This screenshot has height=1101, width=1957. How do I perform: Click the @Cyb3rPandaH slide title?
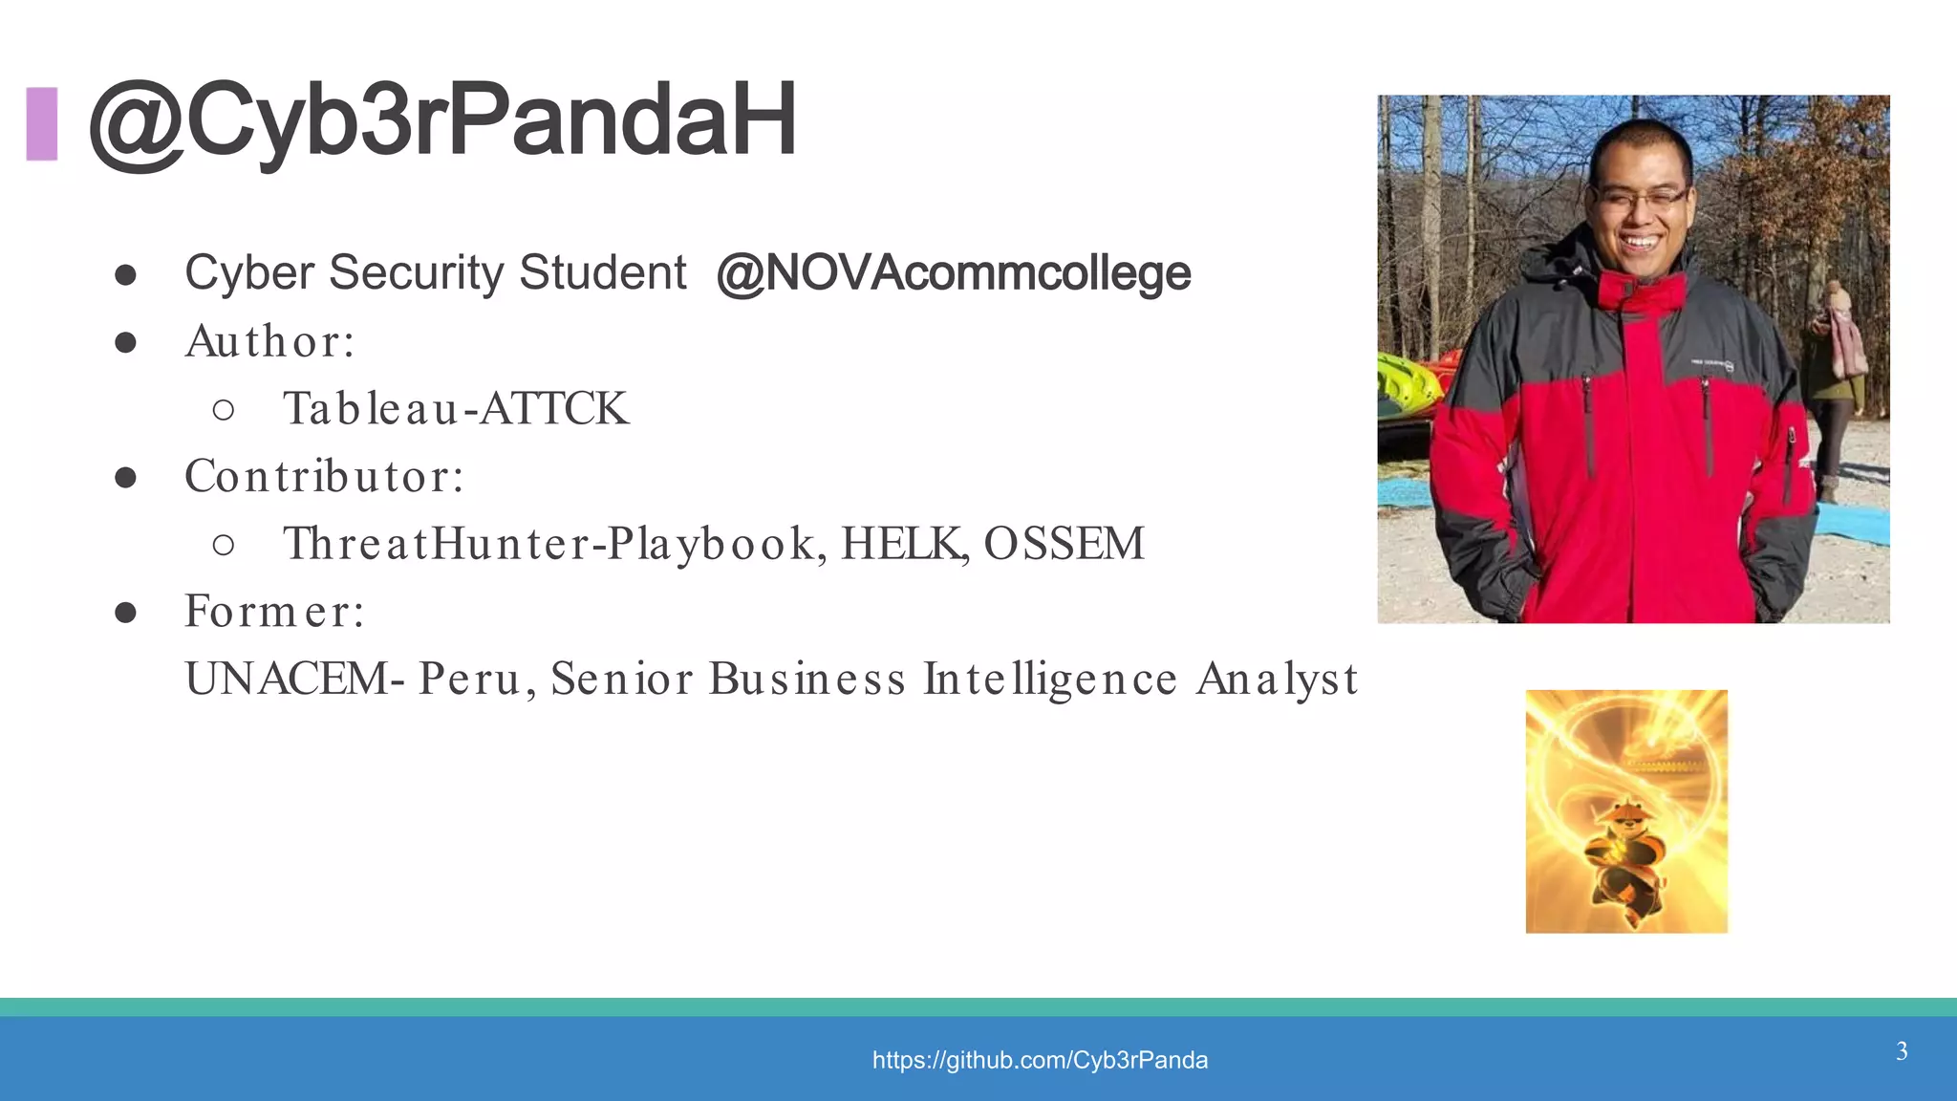pos(441,120)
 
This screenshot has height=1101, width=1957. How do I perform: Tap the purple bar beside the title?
pos(42,123)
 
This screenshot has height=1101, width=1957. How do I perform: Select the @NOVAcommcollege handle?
pos(953,273)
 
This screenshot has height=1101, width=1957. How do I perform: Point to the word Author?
pos(270,341)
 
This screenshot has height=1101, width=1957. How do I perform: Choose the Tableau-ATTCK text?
pos(456,409)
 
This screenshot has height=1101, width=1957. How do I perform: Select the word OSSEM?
pos(1064,544)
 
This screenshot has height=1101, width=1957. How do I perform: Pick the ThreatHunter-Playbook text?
pos(549,544)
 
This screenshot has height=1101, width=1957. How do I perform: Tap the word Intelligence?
pos(1049,679)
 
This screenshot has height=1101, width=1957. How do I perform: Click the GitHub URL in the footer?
pos(1040,1060)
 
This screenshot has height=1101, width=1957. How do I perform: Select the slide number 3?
pos(1902,1051)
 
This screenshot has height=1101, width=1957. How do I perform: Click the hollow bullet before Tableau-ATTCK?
pos(224,410)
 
